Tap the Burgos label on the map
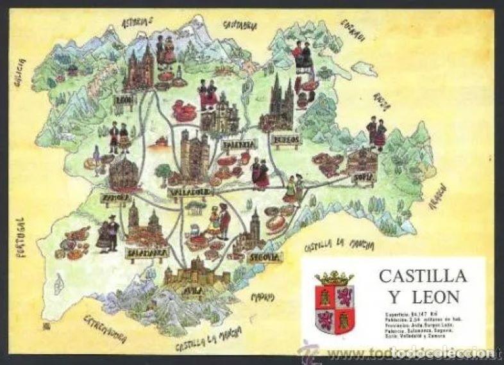click(x=285, y=138)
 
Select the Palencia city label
click(x=239, y=144)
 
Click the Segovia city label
click(x=265, y=257)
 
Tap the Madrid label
click(x=262, y=297)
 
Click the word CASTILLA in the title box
click(x=423, y=277)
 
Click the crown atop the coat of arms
click(x=334, y=278)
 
